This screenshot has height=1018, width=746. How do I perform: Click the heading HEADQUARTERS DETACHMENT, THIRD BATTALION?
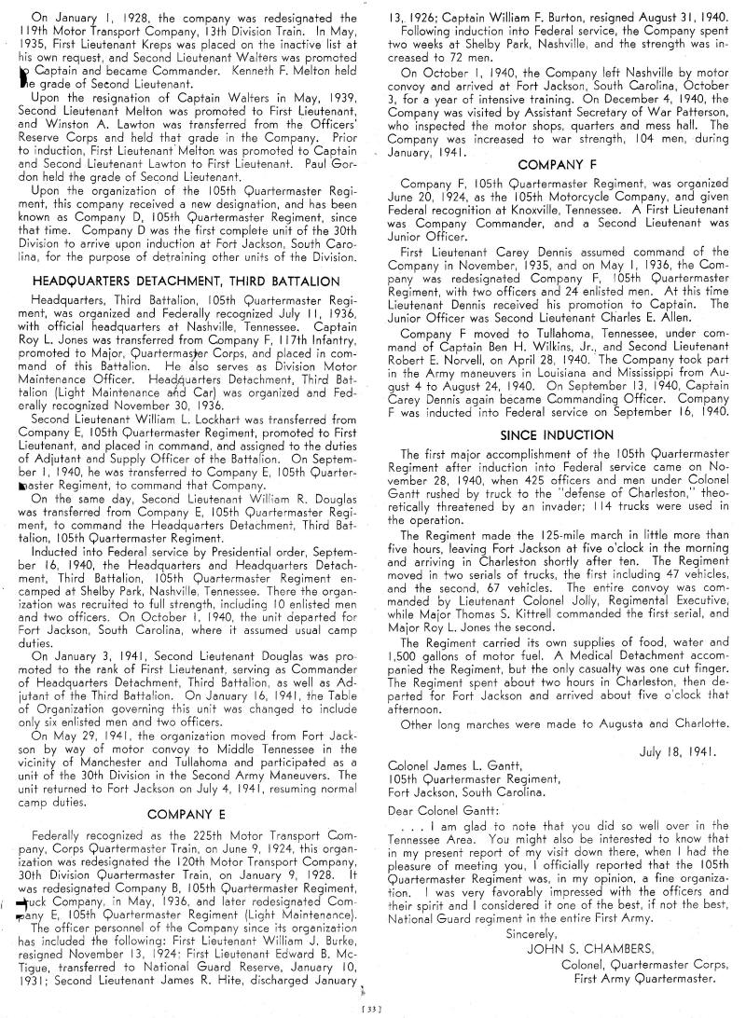[186, 280]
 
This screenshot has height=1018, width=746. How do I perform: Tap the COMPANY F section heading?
[557, 163]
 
